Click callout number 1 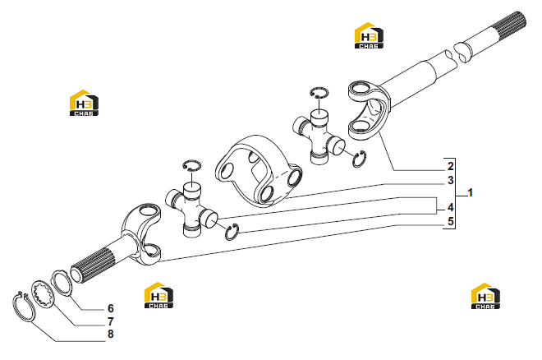470,193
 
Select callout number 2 450,166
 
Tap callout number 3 450,180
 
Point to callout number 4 450,207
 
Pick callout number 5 450,221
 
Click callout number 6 111,308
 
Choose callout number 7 111,321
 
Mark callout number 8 111,334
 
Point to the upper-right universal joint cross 318,136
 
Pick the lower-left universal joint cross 191,210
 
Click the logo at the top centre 370,35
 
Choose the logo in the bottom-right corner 485,296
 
